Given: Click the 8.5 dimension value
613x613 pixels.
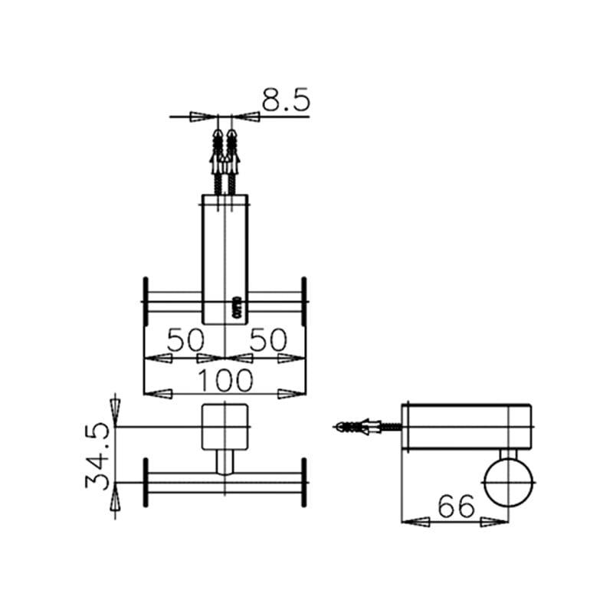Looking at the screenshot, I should tap(285, 100).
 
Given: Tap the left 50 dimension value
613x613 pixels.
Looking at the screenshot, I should tap(185, 339).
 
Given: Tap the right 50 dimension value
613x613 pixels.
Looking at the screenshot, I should tap(267, 339).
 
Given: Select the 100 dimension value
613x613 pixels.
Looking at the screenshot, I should tap(225, 379).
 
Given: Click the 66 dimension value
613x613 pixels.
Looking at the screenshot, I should tap(457, 506).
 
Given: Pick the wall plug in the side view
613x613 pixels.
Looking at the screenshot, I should tap(358, 426).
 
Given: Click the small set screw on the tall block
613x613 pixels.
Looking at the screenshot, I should tap(238, 307).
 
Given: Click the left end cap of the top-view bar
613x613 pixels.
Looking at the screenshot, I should tap(145, 301).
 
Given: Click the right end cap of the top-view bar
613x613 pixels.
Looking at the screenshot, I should tap(304, 301).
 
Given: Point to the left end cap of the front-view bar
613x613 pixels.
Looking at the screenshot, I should tap(145, 482).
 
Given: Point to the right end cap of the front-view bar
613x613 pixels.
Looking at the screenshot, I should tap(304, 482).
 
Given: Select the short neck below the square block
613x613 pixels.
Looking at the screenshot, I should tap(225, 462).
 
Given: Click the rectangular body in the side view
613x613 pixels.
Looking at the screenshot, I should tap(466, 426).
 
